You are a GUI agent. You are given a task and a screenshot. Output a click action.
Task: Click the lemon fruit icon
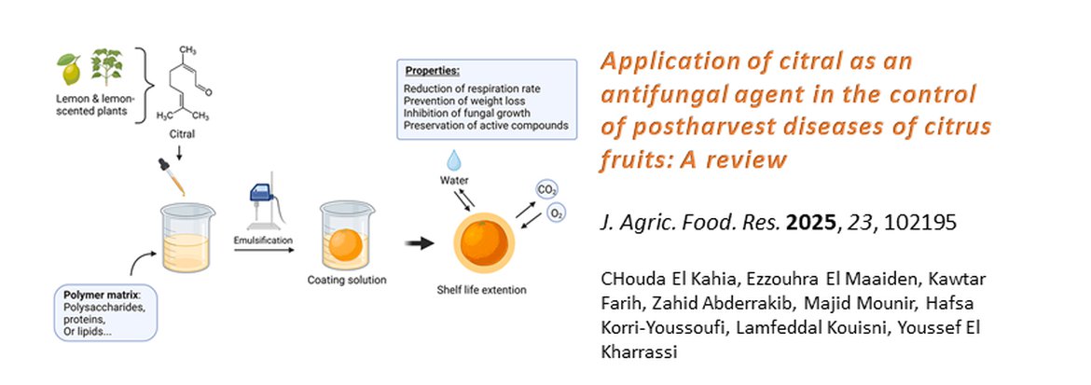(69, 68)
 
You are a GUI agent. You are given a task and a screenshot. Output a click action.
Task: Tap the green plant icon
(106, 66)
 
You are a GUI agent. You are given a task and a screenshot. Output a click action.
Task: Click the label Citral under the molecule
(182, 133)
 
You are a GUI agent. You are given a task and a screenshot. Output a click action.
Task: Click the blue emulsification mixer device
(265, 203)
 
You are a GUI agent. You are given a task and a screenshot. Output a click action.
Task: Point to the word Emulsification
(264, 241)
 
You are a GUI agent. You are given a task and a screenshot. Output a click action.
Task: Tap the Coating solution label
(347, 281)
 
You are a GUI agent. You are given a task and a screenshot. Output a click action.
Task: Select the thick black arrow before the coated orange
(419, 243)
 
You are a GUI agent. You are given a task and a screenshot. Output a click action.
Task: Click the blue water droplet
(454, 161)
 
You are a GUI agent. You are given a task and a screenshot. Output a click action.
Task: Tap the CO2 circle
(546, 188)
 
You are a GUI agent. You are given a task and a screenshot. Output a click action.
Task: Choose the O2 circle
(556, 213)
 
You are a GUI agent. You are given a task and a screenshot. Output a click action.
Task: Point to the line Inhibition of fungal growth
(467, 113)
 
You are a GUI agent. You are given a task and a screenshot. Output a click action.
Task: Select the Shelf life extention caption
(481, 289)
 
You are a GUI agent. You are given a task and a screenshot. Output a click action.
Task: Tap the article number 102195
(920, 222)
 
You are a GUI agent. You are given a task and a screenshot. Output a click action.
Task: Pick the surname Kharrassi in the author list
(639, 352)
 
